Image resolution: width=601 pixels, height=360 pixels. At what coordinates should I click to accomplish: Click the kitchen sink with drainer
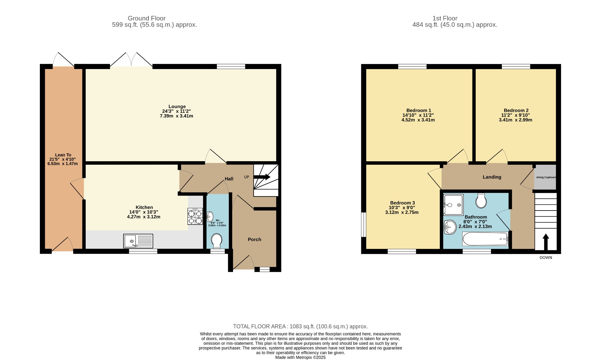tap(138, 241)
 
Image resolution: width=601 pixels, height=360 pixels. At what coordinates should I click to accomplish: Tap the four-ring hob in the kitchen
tap(195, 216)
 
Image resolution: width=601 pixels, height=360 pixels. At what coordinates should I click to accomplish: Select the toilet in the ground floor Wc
tap(217, 241)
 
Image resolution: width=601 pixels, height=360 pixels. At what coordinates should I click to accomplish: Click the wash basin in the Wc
tap(210, 217)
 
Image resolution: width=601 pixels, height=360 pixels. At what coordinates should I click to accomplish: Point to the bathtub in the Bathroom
tap(485, 239)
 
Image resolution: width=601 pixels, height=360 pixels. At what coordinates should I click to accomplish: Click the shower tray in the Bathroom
tap(453, 205)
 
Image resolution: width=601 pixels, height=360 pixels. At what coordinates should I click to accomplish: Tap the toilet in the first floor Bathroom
tap(481, 201)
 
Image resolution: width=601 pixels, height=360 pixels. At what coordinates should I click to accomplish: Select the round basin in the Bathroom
tap(450, 227)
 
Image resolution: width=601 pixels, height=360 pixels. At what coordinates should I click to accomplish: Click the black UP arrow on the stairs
tap(262, 177)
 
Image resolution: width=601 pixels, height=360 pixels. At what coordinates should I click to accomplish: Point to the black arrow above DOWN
tap(546, 242)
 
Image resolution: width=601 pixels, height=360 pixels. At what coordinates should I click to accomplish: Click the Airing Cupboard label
tap(546, 177)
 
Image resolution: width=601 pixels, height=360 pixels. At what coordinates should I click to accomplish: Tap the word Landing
tap(492, 177)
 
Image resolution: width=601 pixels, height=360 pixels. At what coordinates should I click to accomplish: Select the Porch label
tap(254, 239)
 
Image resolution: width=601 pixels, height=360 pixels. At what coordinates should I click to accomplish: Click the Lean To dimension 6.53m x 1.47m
tap(63, 164)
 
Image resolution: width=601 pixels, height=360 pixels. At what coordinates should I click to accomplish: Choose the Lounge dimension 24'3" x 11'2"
tap(177, 111)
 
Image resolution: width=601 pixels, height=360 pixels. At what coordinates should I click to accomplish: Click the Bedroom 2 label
tap(516, 110)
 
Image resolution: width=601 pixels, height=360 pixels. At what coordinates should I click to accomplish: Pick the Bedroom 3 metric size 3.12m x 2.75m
tap(402, 212)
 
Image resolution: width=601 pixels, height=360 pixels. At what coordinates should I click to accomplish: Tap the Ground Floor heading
tap(147, 18)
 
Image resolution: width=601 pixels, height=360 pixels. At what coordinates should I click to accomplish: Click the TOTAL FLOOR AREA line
tap(300, 327)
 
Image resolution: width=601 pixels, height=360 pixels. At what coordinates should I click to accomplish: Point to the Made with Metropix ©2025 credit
tap(300, 357)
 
